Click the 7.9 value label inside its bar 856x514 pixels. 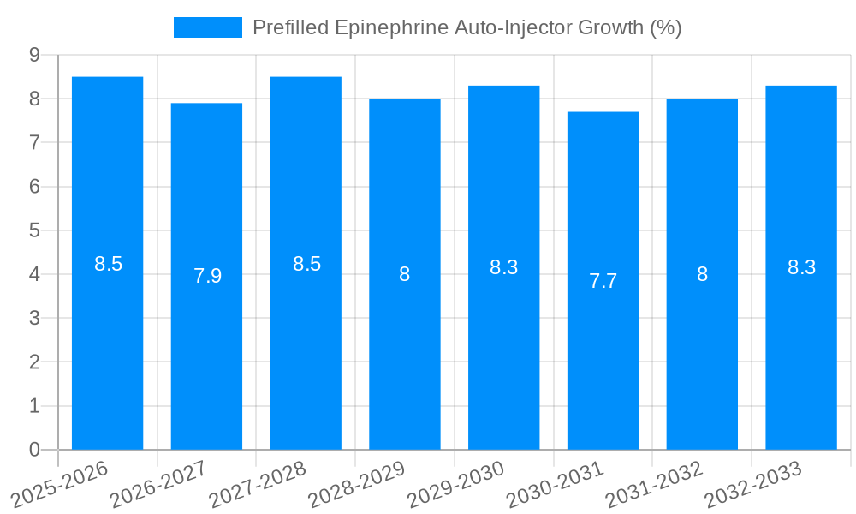(x=207, y=276)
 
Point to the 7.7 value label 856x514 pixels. (x=603, y=281)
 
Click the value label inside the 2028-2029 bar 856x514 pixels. (x=405, y=275)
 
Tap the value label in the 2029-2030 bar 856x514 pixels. (x=503, y=267)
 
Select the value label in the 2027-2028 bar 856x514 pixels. (x=306, y=264)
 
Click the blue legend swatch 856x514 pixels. (x=208, y=27)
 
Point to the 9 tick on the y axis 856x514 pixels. (x=34, y=55)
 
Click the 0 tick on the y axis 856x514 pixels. (x=34, y=450)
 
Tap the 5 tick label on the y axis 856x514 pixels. (x=34, y=230)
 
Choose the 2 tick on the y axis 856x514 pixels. (x=34, y=362)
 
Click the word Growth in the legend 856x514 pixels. (x=611, y=27)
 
